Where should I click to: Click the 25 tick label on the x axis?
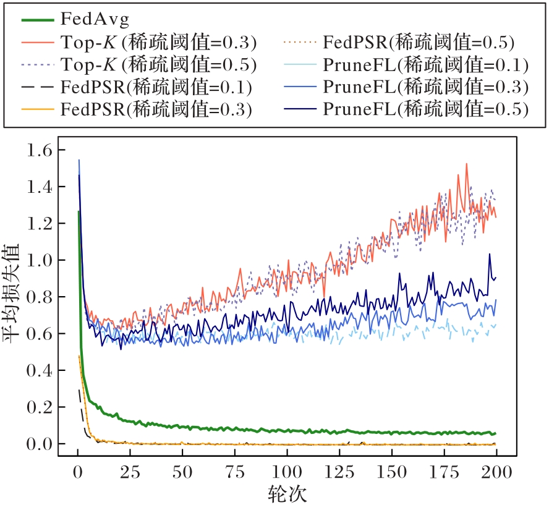coord(130,473)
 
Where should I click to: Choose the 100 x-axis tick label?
coord(287,473)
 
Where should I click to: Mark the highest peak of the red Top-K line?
coord(466,164)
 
